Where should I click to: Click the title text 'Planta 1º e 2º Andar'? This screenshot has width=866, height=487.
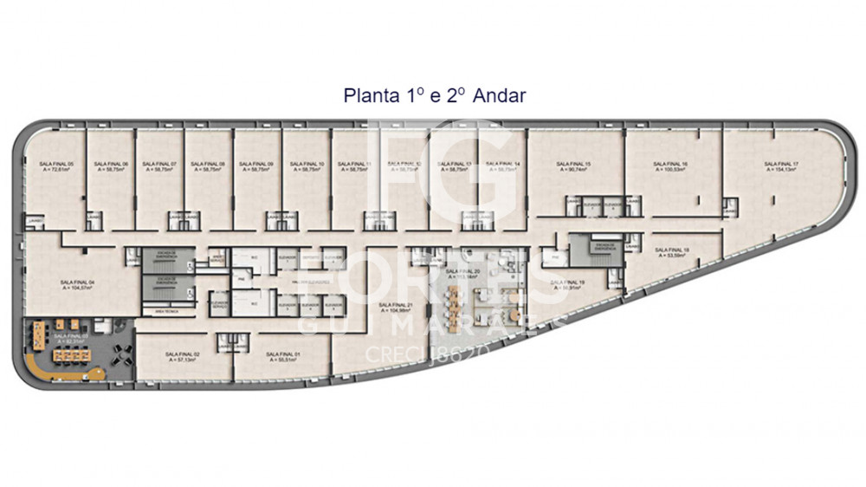434,95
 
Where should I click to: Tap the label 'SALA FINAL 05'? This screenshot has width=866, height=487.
59,164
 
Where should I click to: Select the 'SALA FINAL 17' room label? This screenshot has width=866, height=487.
781,164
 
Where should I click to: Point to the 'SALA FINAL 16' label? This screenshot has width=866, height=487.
670,164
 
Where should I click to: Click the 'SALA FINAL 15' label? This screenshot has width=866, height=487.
573,164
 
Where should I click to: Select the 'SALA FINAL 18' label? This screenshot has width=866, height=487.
673,250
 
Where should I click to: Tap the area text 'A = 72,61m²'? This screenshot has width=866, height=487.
59,170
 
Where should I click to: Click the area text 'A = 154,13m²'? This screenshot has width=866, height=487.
781,170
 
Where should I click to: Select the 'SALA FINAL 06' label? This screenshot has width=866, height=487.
111,164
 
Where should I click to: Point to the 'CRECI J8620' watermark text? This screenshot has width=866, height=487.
430,354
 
